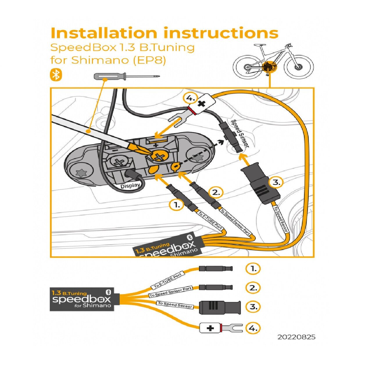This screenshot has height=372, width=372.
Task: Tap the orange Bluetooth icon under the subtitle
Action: click(56, 75)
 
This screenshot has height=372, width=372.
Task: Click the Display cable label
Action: click(130, 185)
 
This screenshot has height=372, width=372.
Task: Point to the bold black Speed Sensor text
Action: click(240, 133)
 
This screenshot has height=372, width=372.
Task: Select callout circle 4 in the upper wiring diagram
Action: click(191, 98)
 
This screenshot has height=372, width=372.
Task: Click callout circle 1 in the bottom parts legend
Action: click(253, 269)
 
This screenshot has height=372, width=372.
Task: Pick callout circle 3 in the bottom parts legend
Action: click(253, 307)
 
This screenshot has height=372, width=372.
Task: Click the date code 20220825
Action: click(296, 337)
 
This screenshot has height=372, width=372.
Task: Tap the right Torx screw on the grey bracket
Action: click(198, 158)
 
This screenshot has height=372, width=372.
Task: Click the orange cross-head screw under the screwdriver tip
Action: click(159, 157)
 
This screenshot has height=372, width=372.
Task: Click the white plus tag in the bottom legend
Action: click(210, 328)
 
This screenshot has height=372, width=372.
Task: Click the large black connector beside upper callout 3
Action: click(260, 183)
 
